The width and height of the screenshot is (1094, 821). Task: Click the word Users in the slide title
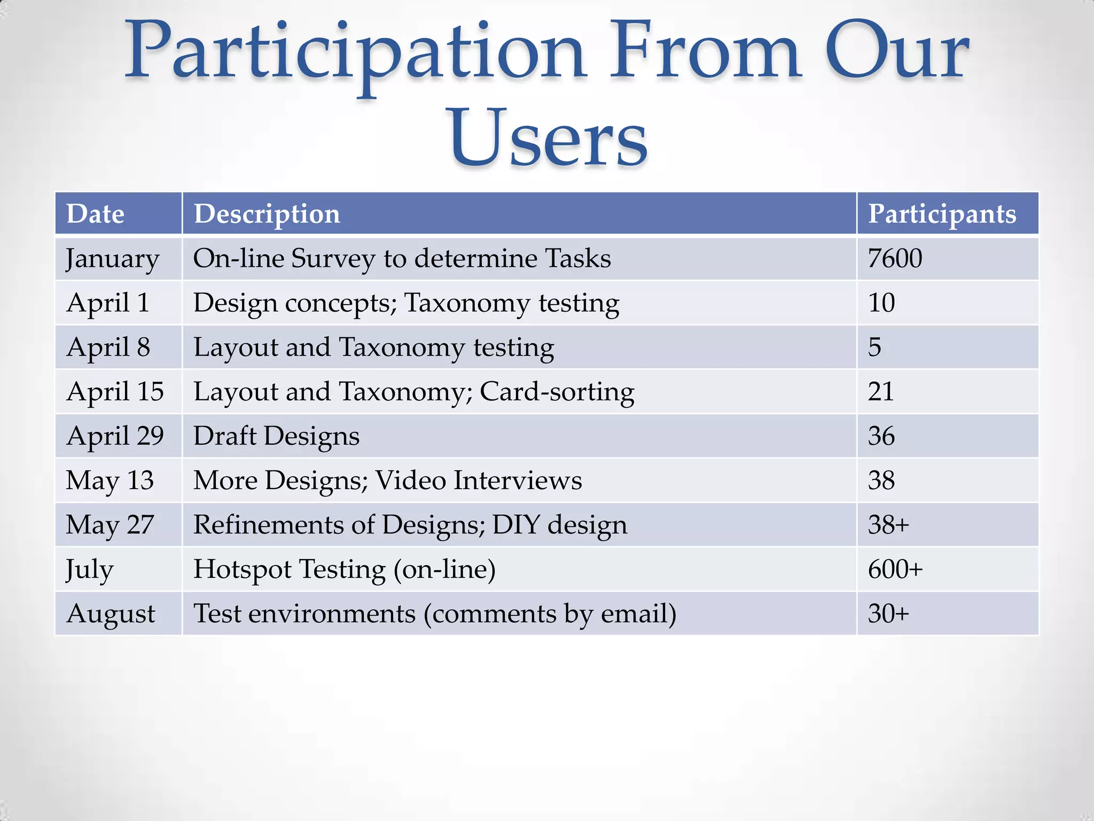coord(549,138)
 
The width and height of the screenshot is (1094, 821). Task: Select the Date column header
coord(95,214)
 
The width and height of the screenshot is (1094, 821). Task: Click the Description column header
coord(267,214)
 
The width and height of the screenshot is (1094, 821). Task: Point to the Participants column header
coord(942,214)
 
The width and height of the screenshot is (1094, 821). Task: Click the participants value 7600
coord(895,258)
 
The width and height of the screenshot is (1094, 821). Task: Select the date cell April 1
coord(107,303)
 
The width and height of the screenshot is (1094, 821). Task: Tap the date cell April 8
coord(108,347)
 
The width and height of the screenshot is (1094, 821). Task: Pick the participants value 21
coord(881,391)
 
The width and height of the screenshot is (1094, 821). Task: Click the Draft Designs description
coord(276,436)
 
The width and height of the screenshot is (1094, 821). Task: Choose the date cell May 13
coord(110,480)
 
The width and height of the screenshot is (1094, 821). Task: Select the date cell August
coord(111,614)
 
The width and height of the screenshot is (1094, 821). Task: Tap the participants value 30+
coord(888,613)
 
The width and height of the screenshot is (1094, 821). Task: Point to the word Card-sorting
coord(557,392)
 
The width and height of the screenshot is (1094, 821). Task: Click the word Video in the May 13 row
coord(410,480)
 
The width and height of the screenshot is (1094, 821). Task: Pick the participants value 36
coord(881,436)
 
